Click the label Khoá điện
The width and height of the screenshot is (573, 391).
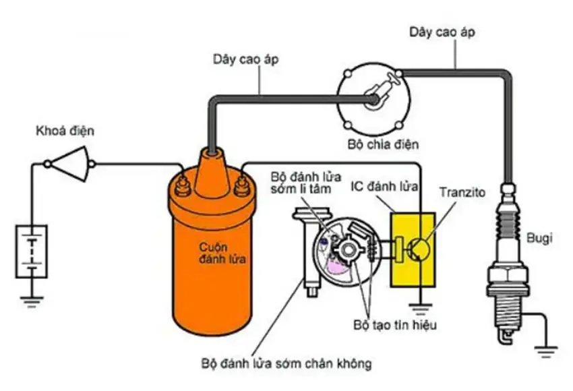(x=65, y=131)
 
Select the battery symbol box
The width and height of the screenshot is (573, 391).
(x=32, y=251)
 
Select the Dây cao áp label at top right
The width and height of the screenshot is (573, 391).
(x=439, y=32)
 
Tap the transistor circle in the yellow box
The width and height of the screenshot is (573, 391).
(x=419, y=248)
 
